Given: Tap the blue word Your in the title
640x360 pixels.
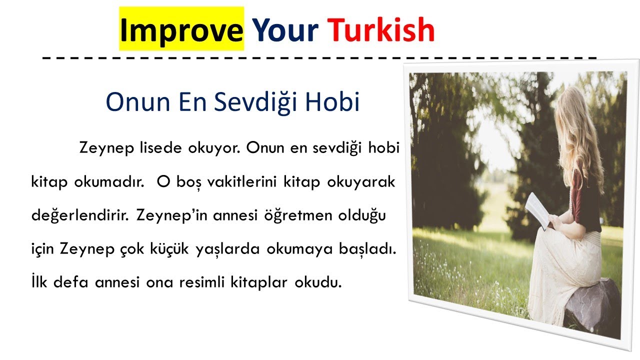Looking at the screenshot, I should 285,30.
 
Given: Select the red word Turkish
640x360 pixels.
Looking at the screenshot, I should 381,30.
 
